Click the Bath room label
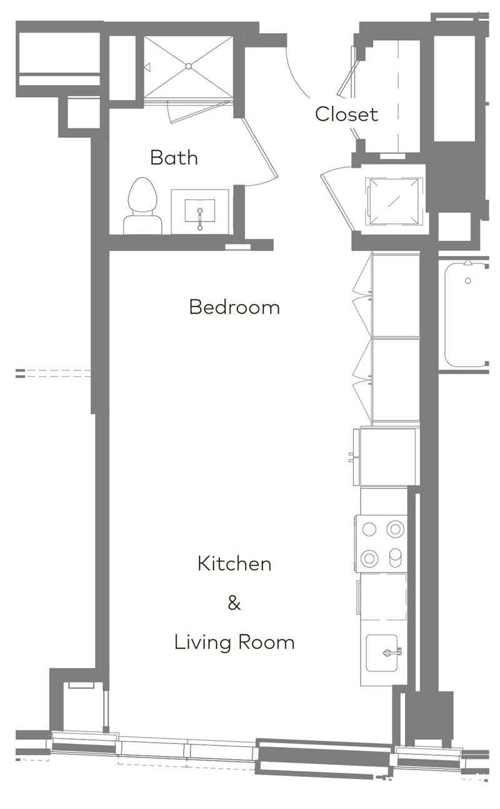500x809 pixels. tap(174, 157)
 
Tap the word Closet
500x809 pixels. tap(346, 114)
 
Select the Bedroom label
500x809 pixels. tap(234, 307)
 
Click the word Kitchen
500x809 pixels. tap(234, 563)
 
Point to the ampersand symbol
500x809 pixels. tap(234, 603)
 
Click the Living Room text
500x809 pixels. tap(234, 642)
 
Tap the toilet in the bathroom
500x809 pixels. tap(142, 203)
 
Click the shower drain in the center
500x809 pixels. tap(188, 66)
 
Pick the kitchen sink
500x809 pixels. tap(382, 653)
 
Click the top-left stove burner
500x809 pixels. tap(369, 529)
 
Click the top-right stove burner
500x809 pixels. tap(395, 529)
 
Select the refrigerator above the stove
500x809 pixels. tap(387, 457)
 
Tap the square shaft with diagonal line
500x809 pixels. tap(394, 200)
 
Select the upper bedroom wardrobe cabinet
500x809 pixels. tap(396, 294)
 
